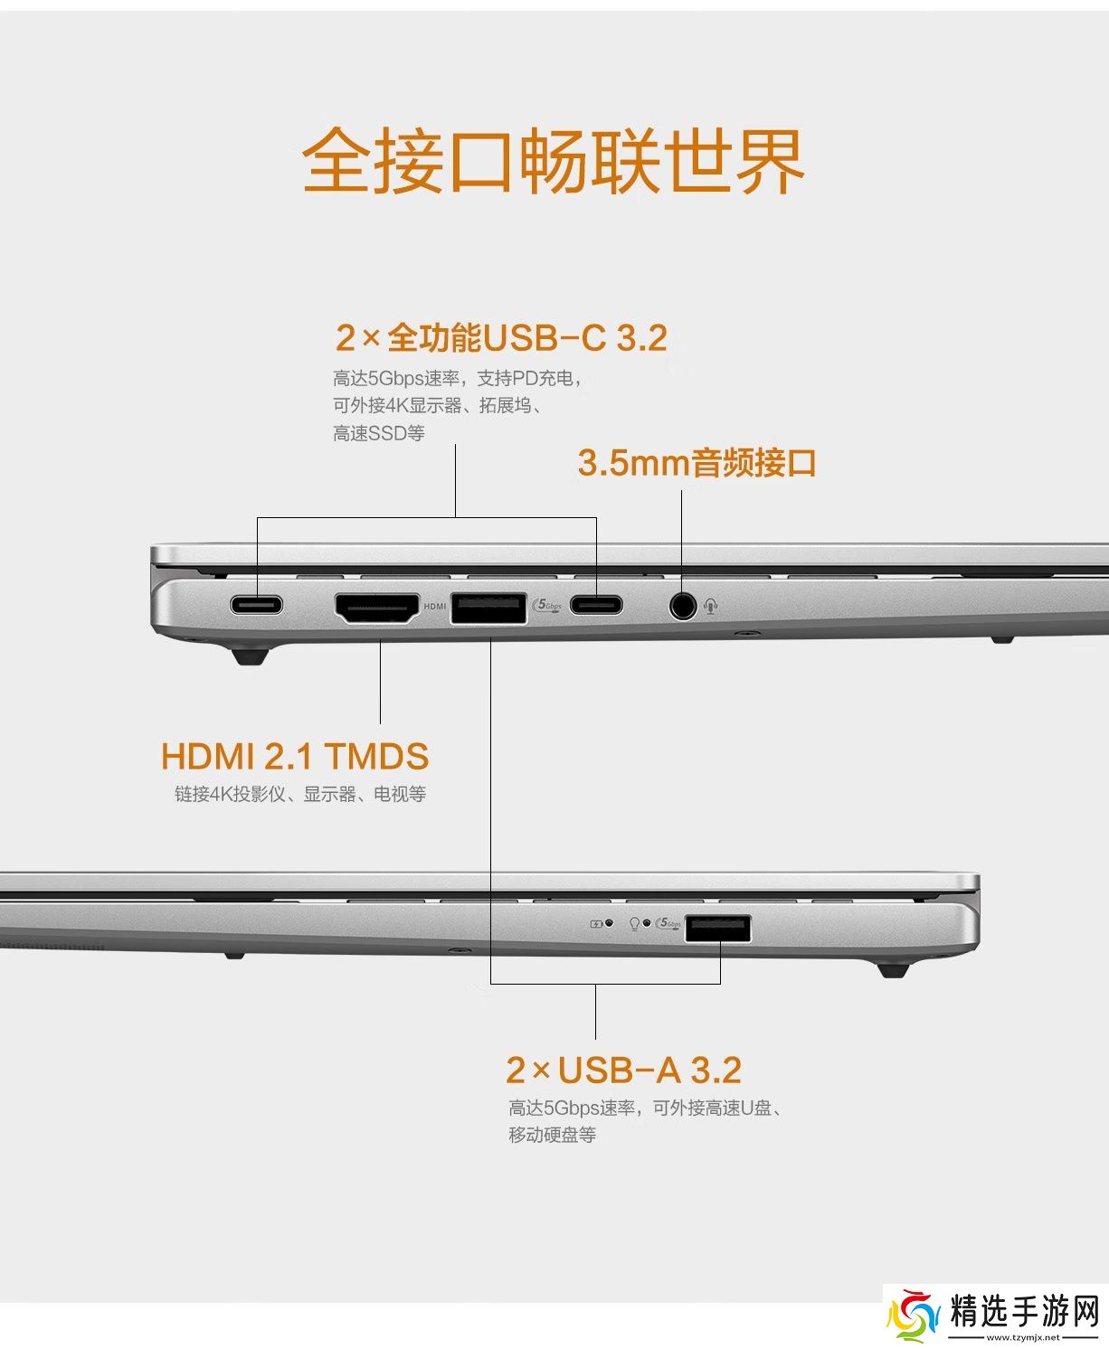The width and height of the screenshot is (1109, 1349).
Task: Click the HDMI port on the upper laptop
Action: (377, 608)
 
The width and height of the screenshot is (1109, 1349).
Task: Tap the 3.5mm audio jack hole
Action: (682, 605)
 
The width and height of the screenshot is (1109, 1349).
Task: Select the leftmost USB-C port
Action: (256, 605)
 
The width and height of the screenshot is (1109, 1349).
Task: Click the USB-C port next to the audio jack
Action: (596, 605)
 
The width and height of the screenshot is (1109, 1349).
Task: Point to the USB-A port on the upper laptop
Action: (488, 608)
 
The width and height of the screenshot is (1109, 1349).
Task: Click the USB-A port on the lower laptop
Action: (717, 929)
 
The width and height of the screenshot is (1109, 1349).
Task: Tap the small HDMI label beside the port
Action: (435, 606)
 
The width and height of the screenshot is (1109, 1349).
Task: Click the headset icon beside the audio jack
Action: (710, 606)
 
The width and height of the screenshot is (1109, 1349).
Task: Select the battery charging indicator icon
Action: (596, 924)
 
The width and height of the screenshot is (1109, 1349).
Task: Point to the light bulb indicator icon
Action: (634, 924)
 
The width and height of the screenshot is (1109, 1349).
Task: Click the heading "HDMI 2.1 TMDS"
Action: (294, 756)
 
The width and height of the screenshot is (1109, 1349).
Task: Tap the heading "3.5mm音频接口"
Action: (697, 463)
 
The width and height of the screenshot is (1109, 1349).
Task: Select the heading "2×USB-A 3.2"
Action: (623, 1071)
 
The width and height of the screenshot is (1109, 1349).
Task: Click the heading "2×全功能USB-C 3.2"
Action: (501, 338)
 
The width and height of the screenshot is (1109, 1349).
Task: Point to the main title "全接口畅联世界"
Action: (554, 160)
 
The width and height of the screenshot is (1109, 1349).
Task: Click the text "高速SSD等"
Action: (379, 433)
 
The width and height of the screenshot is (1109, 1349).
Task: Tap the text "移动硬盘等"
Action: (553, 1135)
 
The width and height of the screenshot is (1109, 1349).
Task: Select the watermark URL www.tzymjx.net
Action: (1023, 1337)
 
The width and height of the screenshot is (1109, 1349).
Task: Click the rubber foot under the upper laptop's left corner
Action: (251, 656)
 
